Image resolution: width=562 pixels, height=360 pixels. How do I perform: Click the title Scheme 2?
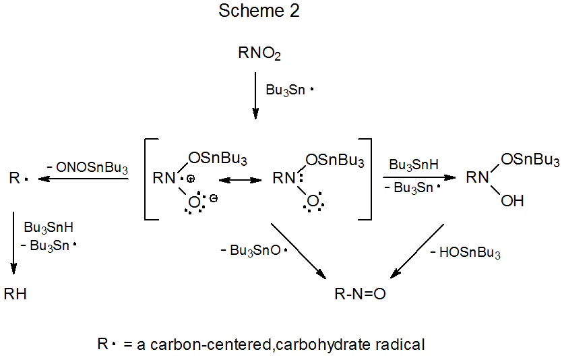(x=259, y=11)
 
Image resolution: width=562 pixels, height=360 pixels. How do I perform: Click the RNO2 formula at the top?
(x=259, y=54)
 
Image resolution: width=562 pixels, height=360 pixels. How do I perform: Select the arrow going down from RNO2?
(x=255, y=95)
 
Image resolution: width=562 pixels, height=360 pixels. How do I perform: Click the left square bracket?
(x=148, y=179)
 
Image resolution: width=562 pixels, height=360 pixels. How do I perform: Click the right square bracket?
(x=367, y=179)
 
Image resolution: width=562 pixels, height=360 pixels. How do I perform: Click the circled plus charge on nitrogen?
(x=191, y=179)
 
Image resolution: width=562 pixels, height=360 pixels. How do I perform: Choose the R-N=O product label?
(x=361, y=294)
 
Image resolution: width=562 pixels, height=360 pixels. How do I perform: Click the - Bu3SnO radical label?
(x=254, y=250)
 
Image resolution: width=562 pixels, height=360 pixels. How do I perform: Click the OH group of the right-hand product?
(x=513, y=200)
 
